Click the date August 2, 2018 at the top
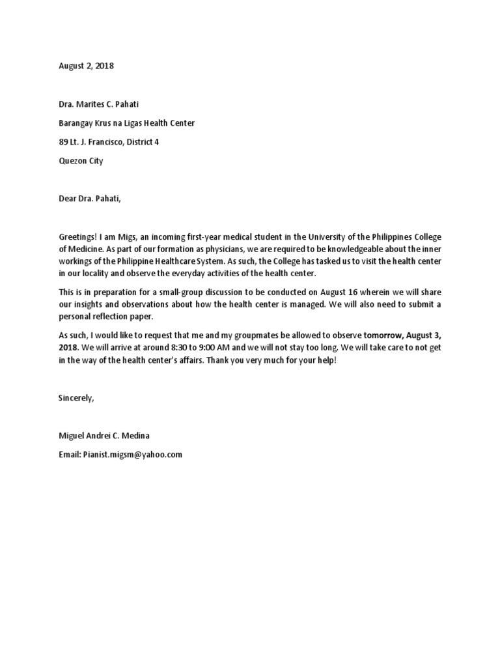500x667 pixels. pyautogui.click(x=86, y=66)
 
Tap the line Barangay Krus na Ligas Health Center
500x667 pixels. pyautogui.click(x=126, y=123)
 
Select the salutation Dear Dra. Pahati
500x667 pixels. pyautogui.click(x=89, y=199)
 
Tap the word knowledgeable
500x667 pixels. pyautogui.click(x=365, y=249)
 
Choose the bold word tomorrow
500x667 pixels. pyautogui.click(x=385, y=335)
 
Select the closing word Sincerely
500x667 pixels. pyautogui.click(x=76, y=398)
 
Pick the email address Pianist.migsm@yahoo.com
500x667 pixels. pyautogui.click(x=133, y=455)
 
